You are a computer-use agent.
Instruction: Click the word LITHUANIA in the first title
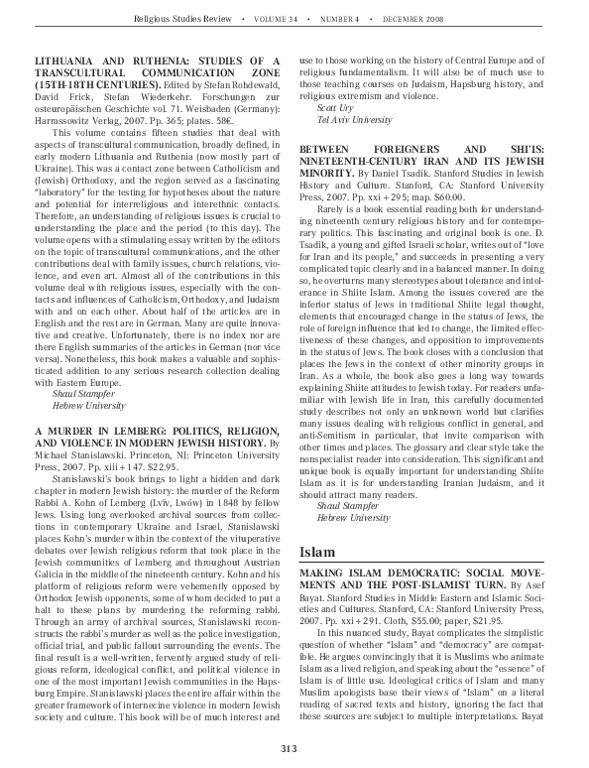click(80, 61)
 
